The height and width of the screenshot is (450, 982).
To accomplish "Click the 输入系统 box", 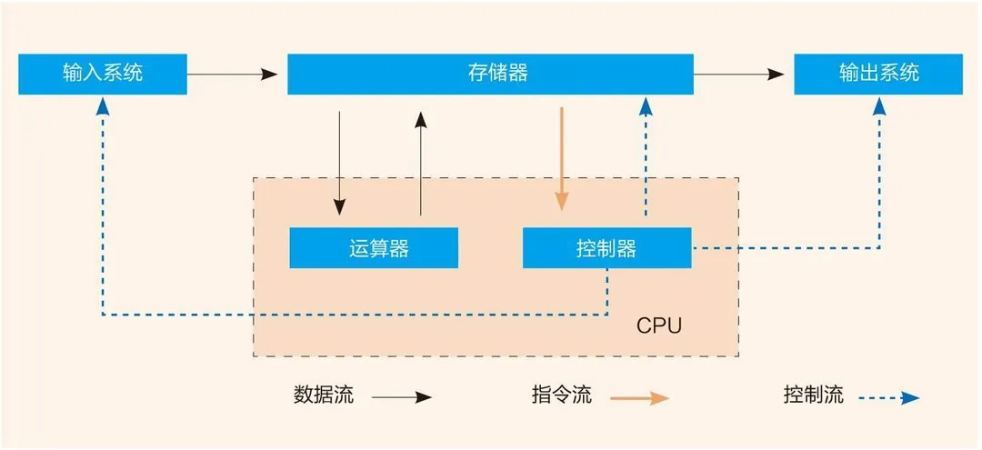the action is click(103, 74).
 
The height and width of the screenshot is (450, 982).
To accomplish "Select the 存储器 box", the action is click(490, 74).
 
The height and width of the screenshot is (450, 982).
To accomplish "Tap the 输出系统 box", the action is click(878, 74).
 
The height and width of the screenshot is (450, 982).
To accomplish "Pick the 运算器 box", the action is click(374, 248).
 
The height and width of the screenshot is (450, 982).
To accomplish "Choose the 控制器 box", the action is click(606, 248).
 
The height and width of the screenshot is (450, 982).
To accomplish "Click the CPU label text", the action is click(659, 326).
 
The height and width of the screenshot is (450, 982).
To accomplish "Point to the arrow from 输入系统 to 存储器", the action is click(233, 75).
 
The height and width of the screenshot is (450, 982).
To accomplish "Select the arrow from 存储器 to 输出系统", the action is click(738, 75).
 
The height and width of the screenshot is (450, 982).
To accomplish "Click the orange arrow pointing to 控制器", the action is click(562, 159).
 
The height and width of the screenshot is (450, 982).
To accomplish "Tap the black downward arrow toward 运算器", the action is click(339, 164).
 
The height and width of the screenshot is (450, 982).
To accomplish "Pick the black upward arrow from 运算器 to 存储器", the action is click(421, 164).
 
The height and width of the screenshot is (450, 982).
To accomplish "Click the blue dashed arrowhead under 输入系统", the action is click(103, 107).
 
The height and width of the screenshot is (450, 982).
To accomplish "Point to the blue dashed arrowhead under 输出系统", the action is click(879, 107).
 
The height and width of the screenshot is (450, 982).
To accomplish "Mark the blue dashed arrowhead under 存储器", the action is click(646, 107).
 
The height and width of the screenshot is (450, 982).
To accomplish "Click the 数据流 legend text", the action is click(324, 395).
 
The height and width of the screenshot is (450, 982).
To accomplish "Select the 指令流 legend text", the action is click(562, 395).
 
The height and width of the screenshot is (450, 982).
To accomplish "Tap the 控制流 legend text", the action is click(814, 395).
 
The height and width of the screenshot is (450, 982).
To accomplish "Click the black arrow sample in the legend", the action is click(402, 397).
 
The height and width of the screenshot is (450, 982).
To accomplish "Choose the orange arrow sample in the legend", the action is click(640, 397).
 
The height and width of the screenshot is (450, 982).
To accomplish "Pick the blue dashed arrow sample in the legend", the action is click(888, 397).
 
